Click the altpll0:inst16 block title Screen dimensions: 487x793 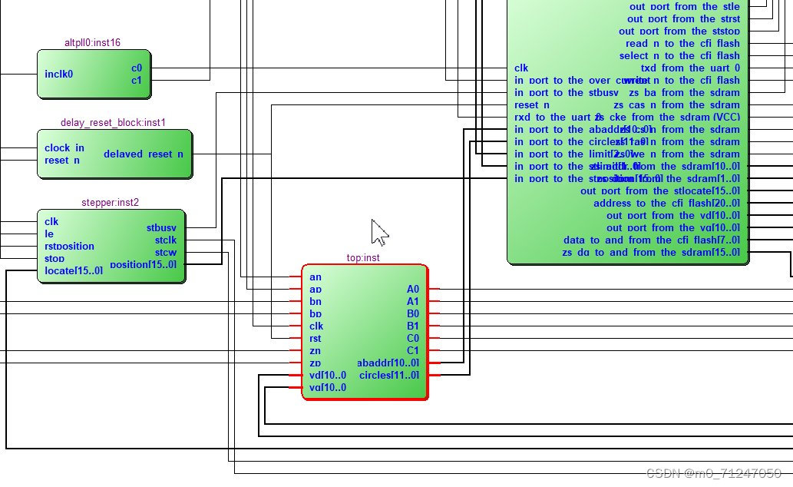pos(92,42)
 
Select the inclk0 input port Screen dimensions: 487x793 pos(59,75)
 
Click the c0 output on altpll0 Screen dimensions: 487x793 pos(137,68)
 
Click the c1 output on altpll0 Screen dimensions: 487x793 pos(137,80)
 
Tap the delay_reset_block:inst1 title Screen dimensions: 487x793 pos(113,122)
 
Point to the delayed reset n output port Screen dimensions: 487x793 pos(144,154)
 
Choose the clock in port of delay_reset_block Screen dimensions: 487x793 pos(64,147)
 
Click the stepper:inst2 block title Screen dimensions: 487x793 pos(110,203)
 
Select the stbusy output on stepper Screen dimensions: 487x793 pos(160,228)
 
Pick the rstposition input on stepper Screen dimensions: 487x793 pos(69,247)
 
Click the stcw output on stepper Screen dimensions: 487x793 pos(165,252)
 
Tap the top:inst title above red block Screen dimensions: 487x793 pos(363,258)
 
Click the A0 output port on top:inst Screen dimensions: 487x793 pos(413,289)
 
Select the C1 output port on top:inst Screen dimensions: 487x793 pos(413,350)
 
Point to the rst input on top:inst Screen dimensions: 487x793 pos(315,338)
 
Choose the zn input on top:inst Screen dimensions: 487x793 pos(315,350)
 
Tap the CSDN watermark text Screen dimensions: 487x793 pos(714,474)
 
